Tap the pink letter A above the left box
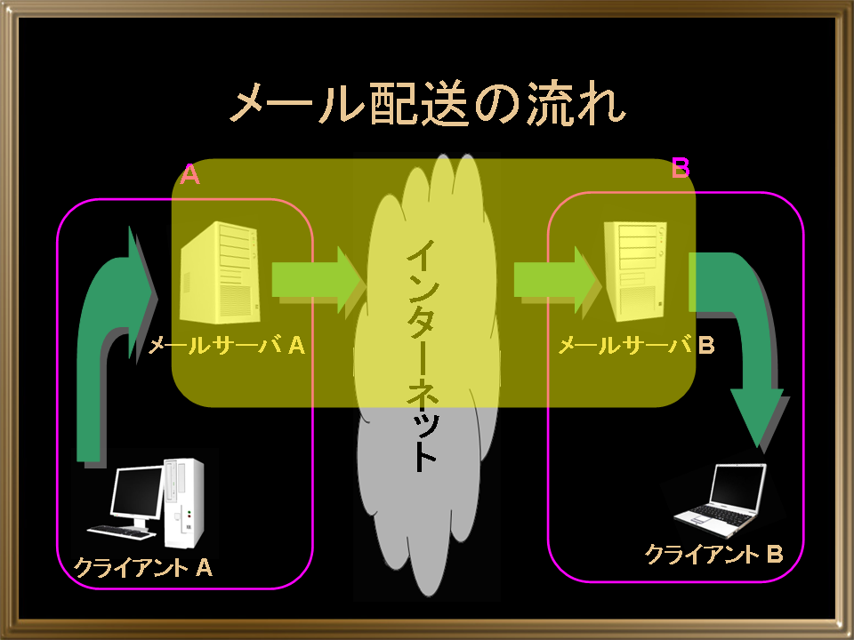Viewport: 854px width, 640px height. click(x=190, y=175)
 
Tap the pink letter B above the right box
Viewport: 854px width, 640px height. click(x=681, y=168)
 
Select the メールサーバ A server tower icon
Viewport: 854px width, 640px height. click(x=220, y=272)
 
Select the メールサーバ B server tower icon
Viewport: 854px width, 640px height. click(x=636, y=270)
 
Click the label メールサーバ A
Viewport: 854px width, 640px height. click(x=227, y=345)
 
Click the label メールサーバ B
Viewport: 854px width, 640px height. click(x=637, y=345)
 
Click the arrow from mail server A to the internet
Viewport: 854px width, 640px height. click(x=319, y=280)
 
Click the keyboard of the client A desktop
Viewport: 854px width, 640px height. click(x=121, y=532)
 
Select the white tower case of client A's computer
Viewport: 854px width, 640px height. click(x=184, y=503)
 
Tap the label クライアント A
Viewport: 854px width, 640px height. click(x=142, y=568)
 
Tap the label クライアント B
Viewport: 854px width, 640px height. click(x=714, y=554)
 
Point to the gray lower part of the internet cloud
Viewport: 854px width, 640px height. click(x=427, y=500)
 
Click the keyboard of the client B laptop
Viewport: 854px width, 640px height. click(x=713, y=515)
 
